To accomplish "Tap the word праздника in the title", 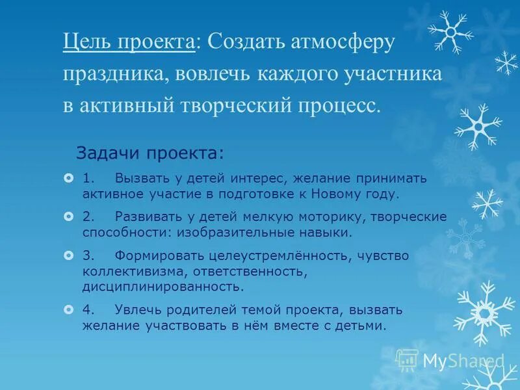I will pos(114,74).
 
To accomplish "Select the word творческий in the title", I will pos(233,105).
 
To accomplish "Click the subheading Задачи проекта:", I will pos(150,153).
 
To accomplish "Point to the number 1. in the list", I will pos(89,178).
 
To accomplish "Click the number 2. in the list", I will pos(89,216).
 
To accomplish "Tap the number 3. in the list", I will pos(89,255).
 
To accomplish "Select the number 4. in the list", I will pos(89,309).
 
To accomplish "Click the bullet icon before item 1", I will pos(68,178).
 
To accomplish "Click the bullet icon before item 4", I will pos(68,309).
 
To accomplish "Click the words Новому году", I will pos(357,194).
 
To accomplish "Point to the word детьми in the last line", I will pos(365,325).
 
